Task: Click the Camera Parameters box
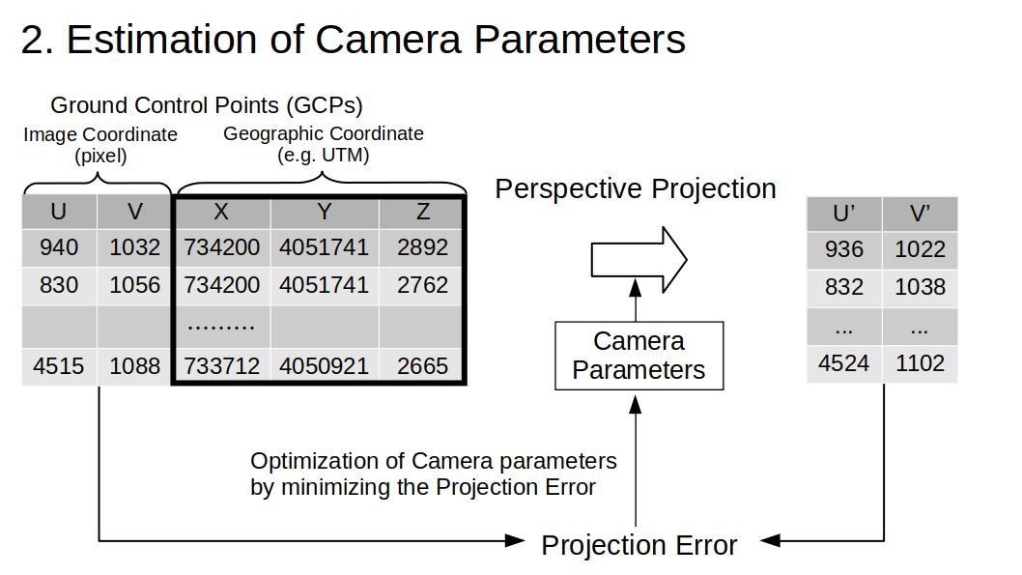[x=639, y=356]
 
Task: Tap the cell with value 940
[x=59, y=247]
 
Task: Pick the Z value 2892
[x=422, y=247]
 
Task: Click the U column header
[x=59, y=212]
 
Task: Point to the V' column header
[x=920, y=214]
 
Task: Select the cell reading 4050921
[x=324, y=366]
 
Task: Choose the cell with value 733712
[x=221, y=366]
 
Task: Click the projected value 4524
[x=844, y=363]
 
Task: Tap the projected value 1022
[x=920, y=249]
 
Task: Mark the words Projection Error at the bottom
[x=639, y=545]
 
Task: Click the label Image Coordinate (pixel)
[x=100, y=145]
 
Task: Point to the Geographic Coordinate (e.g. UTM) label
[x=324, y=144]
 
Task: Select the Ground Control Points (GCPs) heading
[x=207, y=105]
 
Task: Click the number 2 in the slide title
[x=33, y=40]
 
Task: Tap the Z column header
[x=422, y=212]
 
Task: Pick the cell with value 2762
[x=422, y=285]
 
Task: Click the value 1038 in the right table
[x=920, y=287]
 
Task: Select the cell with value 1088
[x=134, y=366]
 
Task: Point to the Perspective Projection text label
[x=636, y=189]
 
